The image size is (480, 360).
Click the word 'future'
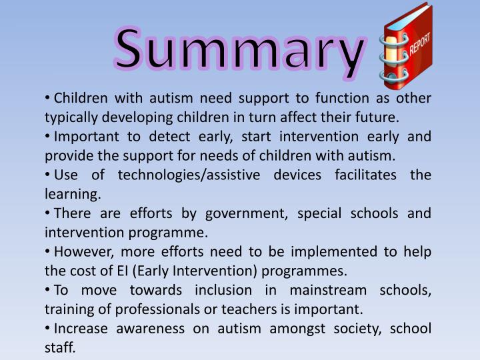point(377,118)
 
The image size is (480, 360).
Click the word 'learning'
point(72,195)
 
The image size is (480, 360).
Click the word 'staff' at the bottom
point(59,349)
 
